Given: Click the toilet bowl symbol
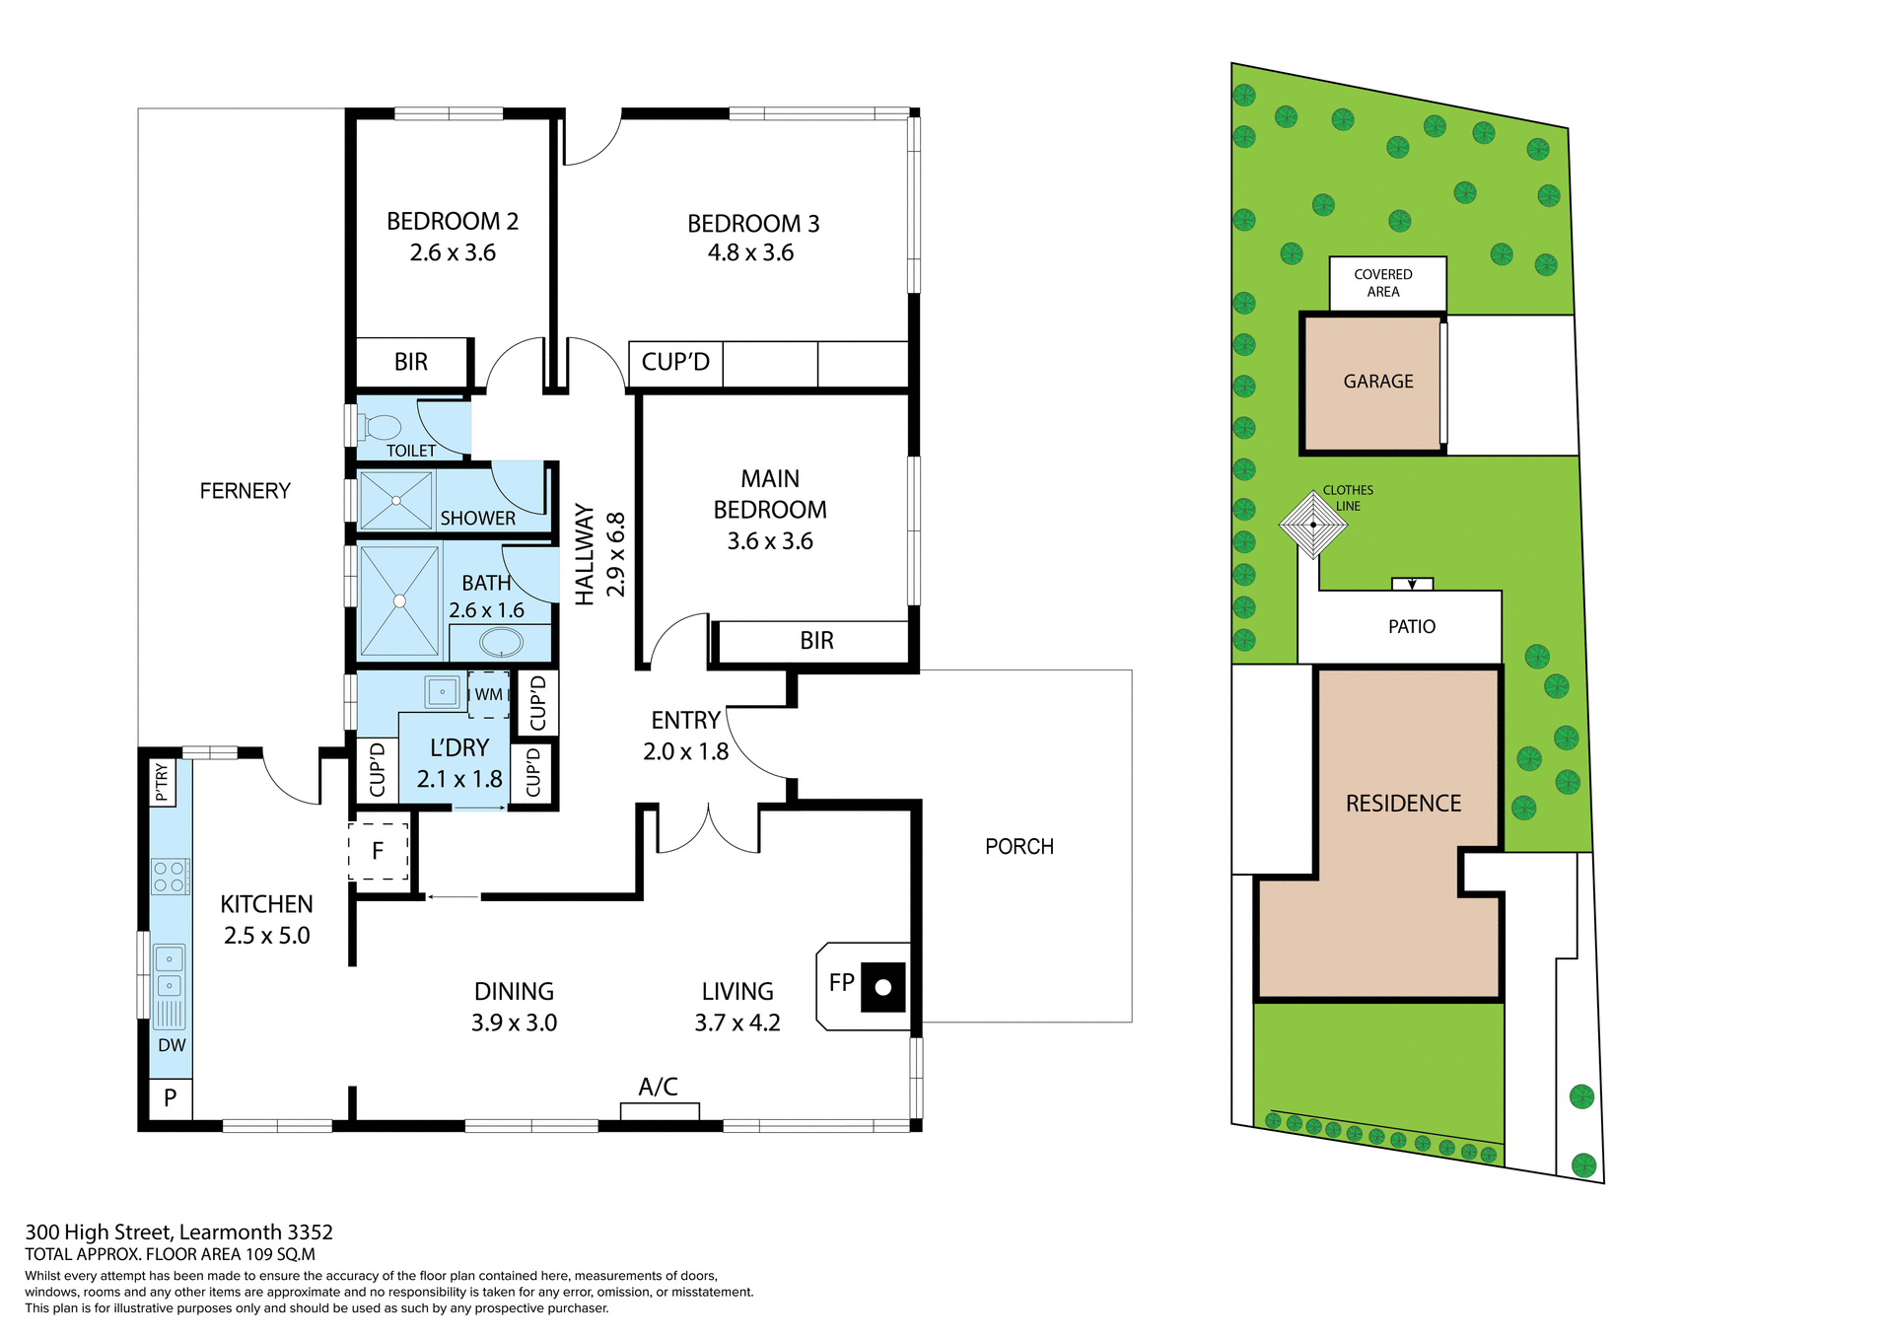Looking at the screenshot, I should point(382,427).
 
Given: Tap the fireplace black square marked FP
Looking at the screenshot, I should point(882,987).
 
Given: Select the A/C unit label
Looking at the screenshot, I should point(658,1087).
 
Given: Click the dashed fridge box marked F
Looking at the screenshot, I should point(378,851).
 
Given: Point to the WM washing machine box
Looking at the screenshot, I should point(489,694).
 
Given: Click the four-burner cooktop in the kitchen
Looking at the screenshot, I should point(170,877).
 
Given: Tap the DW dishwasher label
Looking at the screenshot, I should point(172,1045).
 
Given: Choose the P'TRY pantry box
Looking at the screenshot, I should point(163,783).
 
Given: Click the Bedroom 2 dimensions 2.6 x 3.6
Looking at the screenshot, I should point(453,253).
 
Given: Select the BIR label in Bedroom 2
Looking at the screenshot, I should point(411,362).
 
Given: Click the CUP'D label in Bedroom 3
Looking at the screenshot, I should point(675,362).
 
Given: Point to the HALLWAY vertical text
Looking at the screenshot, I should point(585,554).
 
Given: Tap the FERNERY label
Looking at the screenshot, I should point(245,491).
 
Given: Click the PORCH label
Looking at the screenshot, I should point(1019,847).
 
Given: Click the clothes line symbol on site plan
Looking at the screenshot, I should point(1312,525).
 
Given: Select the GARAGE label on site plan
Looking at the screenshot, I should point(1377,382).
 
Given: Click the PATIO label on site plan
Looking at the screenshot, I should point(1411,627).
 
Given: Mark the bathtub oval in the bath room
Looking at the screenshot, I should point(501,643).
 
